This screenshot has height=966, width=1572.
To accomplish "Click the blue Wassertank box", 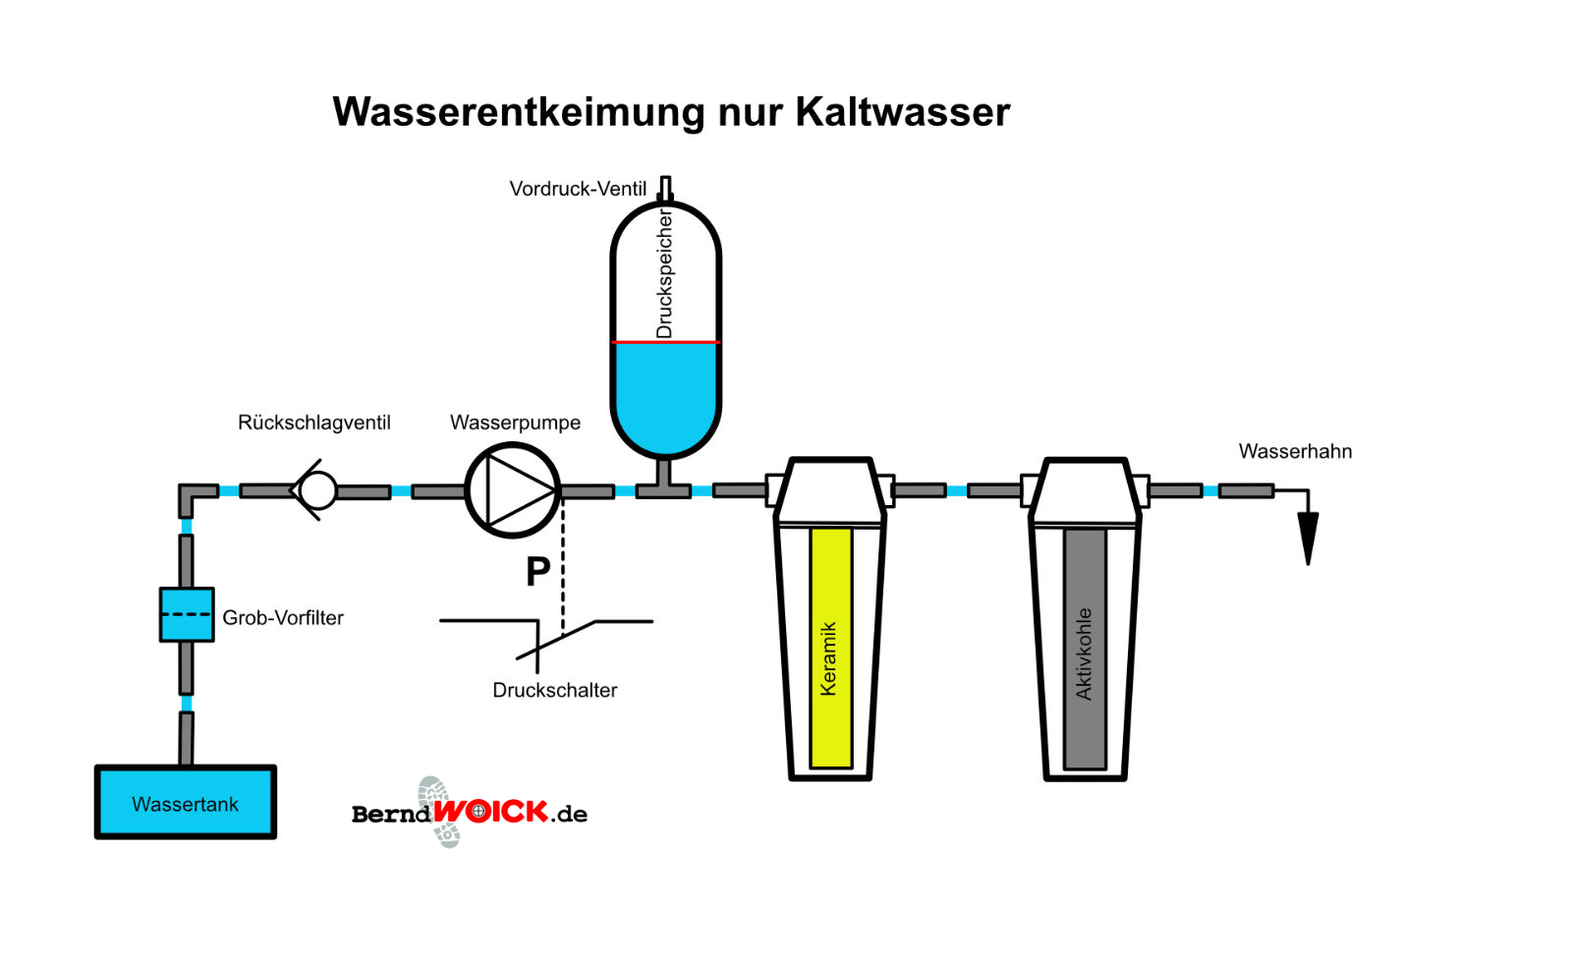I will pyautogui.click(x=185, y=802).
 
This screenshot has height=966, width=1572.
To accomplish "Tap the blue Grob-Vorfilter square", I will pyautogui.click(x=187, y=614).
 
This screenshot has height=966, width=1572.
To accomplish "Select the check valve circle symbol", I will pyautogui.click(x=317, y=489).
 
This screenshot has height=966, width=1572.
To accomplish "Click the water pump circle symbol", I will pyautogui.click(x=512, y=490).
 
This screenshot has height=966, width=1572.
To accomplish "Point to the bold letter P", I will pyautogui.click(x=537, y=571).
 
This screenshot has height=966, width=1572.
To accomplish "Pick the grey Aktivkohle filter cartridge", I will pyautogui.click(x=1085, y=649).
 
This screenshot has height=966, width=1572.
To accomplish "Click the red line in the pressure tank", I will pyautogui.click(x=666, y=342).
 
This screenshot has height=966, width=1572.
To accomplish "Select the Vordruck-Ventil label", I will pyautogui.click(x=578, y=189).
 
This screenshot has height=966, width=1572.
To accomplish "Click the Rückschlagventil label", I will pyautogui.click(x=314, y=423).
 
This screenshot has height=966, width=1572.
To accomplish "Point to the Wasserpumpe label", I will pyautogui.click(x=515, y=423).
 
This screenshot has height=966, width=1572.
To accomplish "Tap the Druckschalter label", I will pyautogui.click(x=555, y=690).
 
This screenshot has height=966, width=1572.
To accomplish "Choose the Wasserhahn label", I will pyautogui.click(x=1295, y=451).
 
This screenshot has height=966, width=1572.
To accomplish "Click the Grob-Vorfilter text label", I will pyautogui.click(x=283, y=618).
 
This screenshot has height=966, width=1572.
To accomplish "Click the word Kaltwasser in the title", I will pyautogui.click(x=902, y=112).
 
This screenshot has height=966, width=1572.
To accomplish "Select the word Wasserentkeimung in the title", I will pyautogui.click(x=519, y=112).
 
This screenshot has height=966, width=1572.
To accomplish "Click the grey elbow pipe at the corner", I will pyautogui.click(x=191, y=495).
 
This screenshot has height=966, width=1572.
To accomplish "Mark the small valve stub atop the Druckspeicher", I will pyautogui.click(x=665, y=188).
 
